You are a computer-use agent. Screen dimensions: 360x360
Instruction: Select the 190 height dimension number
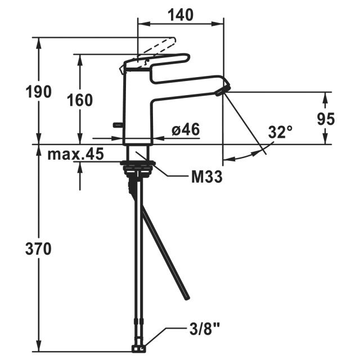pyautogui.click(x=39, y=91)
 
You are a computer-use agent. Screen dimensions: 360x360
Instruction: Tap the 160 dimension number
pyautogui.click(x=79, y=100)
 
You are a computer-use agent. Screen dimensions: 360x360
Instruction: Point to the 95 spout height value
pyautogui.click(x=326, y=119)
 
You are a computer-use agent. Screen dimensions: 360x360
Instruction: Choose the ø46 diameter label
pyautogui.click(x=186, y=130)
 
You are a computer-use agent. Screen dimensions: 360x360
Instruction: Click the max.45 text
pyautogui.click(x=75, y=154)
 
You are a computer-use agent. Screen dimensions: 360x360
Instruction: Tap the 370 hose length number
pyautogui.click(x=39, y=248)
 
